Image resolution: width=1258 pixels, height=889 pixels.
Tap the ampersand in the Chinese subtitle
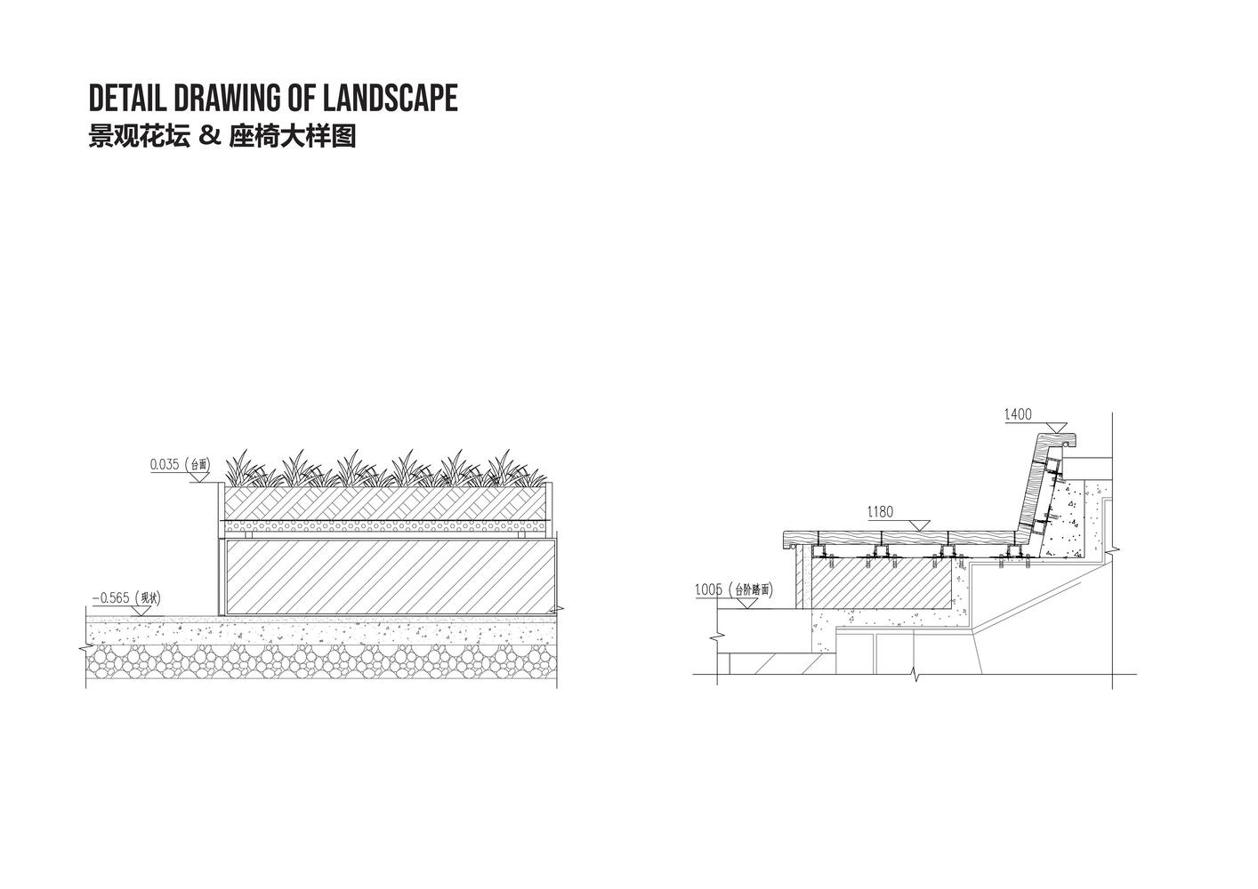click(209, 137)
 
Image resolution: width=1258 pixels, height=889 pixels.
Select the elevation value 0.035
click(165, 464)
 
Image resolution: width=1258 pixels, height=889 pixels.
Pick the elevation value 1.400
click(1018, 414)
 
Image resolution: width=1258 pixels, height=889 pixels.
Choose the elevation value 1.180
click(880, 512)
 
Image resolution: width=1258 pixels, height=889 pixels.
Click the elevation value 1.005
click(708, 589)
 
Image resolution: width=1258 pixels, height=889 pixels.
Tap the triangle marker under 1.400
click(1055, 428)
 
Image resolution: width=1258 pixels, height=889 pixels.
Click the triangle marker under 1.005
click(745, 602)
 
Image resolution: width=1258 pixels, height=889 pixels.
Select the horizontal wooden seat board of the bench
click(899, 538)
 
